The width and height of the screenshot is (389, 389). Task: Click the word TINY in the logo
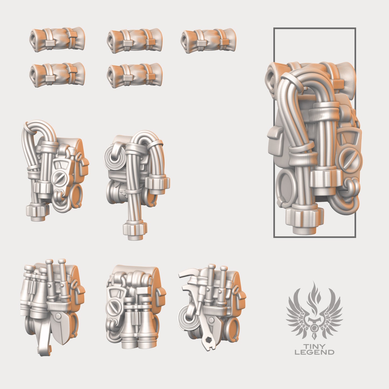click(x=314, y=346)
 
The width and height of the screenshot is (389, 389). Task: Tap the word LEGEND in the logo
click(x=314, y=352)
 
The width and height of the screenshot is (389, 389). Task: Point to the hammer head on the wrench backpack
click(x=188, y=274)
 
